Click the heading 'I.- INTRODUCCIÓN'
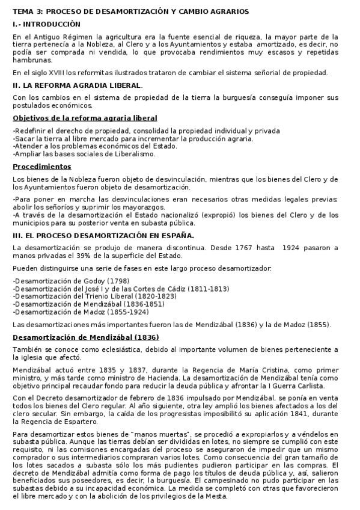[x=46, y=25]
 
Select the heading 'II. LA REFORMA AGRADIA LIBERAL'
[x=77, y=85]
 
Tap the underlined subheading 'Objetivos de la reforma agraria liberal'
[x=85, y=118]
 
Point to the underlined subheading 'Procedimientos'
[x=41, y=167]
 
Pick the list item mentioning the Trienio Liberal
[x=94, y=296]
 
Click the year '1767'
[x=251, y=248]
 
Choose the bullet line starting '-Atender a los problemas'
[x=94, y=146]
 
